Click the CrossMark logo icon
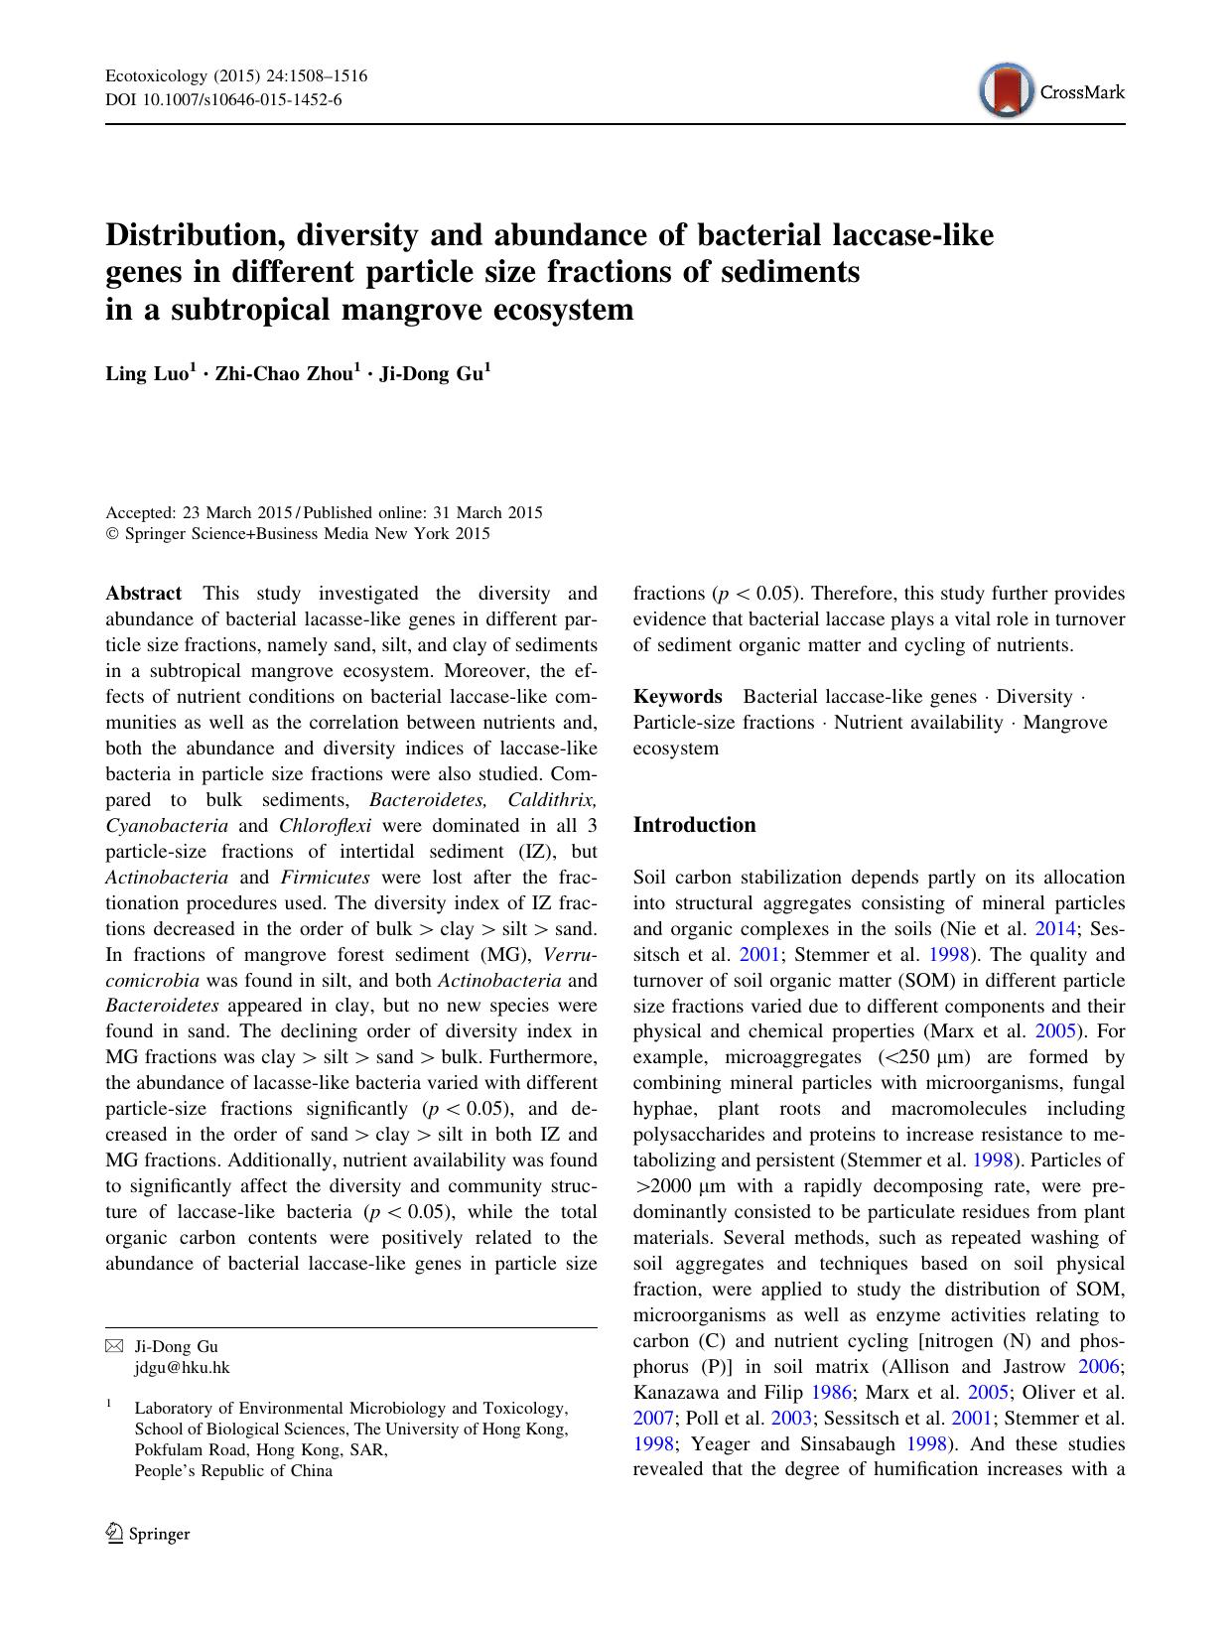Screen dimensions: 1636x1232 tap(1005, 91)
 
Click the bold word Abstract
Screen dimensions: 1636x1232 tap(144, 594)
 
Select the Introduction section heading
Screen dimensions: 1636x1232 tap(694, 825)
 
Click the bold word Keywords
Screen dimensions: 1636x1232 tap(678, 697)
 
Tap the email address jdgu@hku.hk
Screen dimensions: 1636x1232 tap(182, 1367)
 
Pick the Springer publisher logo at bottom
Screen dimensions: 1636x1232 tap(148, 1534)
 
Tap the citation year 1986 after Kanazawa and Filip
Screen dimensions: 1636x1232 tap(832, 1393)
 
